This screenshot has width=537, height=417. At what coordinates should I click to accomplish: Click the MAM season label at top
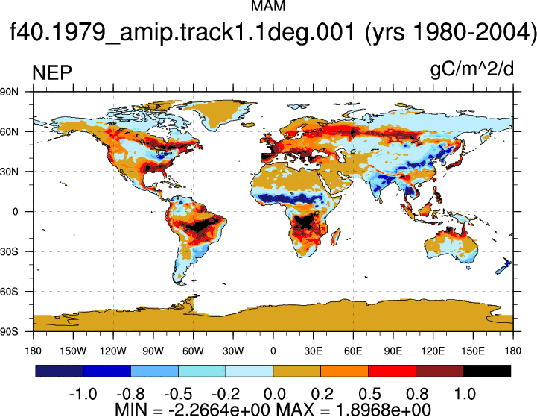tap(268, 6)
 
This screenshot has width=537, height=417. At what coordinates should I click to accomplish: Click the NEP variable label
tap(52, 72)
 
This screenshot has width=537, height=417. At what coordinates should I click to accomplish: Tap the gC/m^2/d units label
tap(472, 69)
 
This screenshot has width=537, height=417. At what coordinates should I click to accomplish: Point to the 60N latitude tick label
tap(9, 132)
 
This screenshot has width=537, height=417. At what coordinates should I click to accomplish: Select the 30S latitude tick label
tap(9, 251)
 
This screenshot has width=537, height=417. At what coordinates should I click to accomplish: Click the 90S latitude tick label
tap(9, 332)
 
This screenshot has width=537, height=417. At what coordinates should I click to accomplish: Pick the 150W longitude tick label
tap(73, 351)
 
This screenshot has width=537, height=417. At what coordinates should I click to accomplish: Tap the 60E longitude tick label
tap(353, 351)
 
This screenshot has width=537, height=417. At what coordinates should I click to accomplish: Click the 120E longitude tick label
tap(433, 351)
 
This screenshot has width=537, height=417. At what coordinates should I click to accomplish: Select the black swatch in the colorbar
tap(486, 371)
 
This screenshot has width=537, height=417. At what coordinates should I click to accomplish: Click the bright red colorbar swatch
tap(392, 371)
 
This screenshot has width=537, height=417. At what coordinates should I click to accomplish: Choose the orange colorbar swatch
tap(344, 371)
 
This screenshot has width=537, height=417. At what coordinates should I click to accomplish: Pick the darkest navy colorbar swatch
tap(60, 371)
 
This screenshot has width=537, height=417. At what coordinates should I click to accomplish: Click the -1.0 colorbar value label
tap(83, 394)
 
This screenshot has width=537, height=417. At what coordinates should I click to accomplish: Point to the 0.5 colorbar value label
tap(369, 394)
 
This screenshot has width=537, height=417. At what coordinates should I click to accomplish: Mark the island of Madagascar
tap(336, 237)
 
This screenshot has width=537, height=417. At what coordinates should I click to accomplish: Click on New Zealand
tap(503, 266)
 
